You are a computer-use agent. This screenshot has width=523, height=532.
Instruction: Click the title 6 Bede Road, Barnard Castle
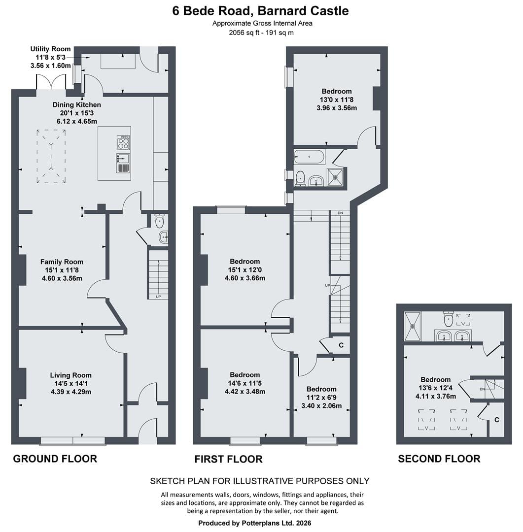260,11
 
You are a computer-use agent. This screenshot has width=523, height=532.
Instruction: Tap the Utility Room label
51,49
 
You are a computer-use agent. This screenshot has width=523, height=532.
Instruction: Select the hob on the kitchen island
123,142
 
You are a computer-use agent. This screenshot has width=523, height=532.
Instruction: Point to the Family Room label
62,262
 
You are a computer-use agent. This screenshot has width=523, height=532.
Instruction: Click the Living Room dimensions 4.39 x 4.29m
71,392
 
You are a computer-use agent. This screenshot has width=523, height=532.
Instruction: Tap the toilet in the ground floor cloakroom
159,221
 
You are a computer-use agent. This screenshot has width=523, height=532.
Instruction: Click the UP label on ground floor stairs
158,297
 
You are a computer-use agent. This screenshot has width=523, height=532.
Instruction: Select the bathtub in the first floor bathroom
310,157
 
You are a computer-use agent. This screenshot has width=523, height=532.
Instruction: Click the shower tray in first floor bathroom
335,177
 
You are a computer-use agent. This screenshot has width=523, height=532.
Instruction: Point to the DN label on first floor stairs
340,213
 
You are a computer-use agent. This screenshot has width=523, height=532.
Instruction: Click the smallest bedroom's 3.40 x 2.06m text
321,406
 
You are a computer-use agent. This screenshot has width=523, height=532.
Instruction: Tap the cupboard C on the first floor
341,345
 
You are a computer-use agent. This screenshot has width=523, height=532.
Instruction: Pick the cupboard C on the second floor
497,420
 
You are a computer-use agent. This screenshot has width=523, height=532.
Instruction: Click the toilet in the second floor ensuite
449,318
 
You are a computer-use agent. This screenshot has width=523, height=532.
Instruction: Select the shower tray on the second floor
413,326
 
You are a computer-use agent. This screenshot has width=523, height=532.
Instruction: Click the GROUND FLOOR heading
55,459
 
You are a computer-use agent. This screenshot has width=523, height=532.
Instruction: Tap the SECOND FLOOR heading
439,459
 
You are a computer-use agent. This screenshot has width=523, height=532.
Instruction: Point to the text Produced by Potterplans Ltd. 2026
255,523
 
